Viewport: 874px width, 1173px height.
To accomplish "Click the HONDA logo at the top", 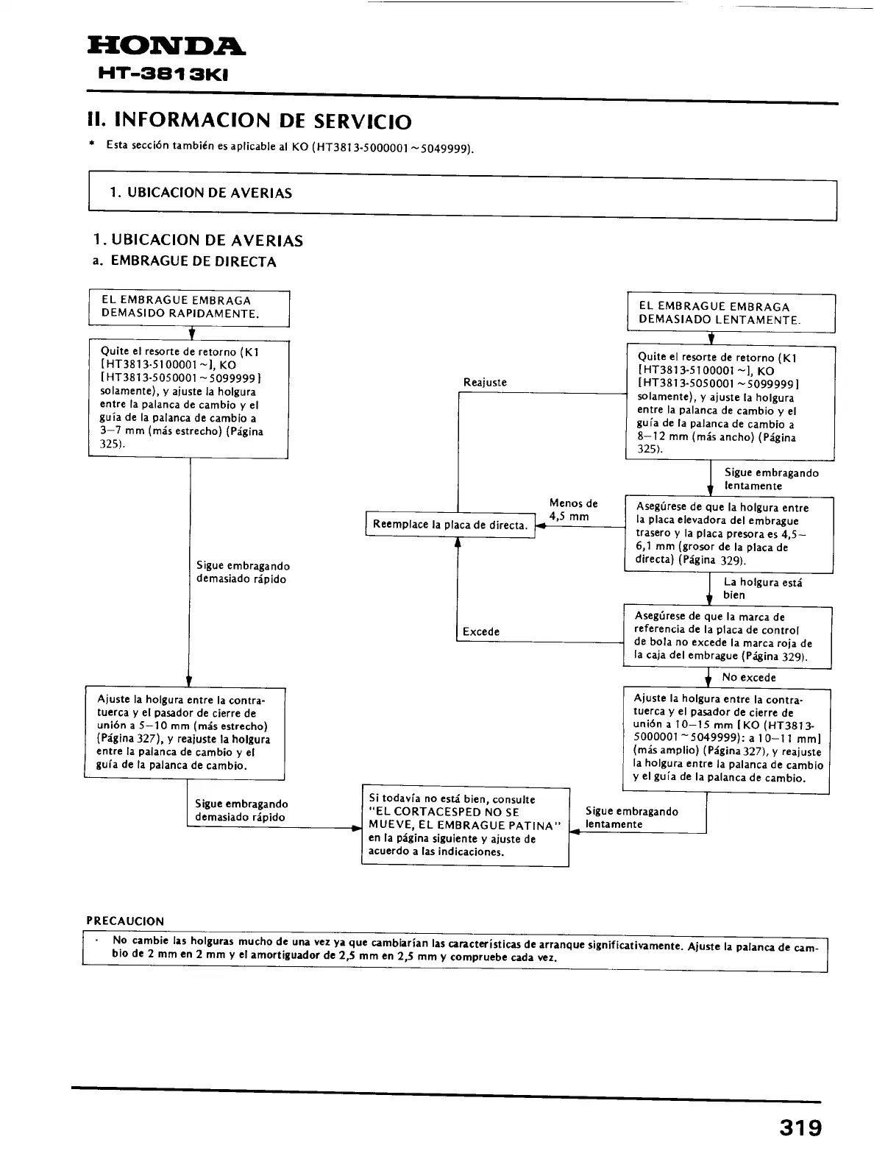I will pyautogui.click(x=166, y=49).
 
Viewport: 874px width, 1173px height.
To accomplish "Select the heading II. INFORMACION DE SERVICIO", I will pyautogui.click(x=250, y=121).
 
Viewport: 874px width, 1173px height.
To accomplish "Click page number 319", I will pyautogui.click(x=800, y=1128).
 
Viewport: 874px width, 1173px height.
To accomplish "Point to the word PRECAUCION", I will pyautogui.click(x=126, y=921).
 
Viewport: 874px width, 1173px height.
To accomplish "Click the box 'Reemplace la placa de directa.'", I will pyautogui.click(x=450, y=525).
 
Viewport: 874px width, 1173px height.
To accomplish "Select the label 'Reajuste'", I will pyautogui.click(x=485, y=383).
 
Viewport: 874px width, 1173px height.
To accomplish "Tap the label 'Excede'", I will pyautogui.click(x=481, y=631).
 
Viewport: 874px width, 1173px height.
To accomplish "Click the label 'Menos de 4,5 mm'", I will pyautogui.click(x=573, y=510).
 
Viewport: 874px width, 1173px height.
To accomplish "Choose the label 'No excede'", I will pyautogui.click(x=749, y=677).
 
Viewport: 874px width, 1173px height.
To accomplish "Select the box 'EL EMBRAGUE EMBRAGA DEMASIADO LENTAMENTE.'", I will pyautogui.click(x=731, y=313).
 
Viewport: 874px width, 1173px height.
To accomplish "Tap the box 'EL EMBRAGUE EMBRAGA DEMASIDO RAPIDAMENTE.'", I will pyautogui.click(x=189, y=308).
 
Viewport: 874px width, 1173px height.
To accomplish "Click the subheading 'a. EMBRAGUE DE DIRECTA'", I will pyautogui.click(x=185, y=262).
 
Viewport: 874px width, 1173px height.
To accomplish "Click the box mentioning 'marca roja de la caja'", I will pyautogui.click(x=727, y=637).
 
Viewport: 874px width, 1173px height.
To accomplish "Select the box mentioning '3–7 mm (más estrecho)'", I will pyautogui.click(x=188, y=398).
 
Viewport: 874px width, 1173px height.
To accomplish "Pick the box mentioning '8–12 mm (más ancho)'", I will pyautogui.click(x=730, y=403).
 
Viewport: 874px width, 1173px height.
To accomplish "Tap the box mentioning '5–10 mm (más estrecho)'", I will pyautogui.click(x=184, y=733).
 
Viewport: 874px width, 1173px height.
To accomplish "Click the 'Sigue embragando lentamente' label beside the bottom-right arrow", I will pyautogui.click(x=631, y=818).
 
